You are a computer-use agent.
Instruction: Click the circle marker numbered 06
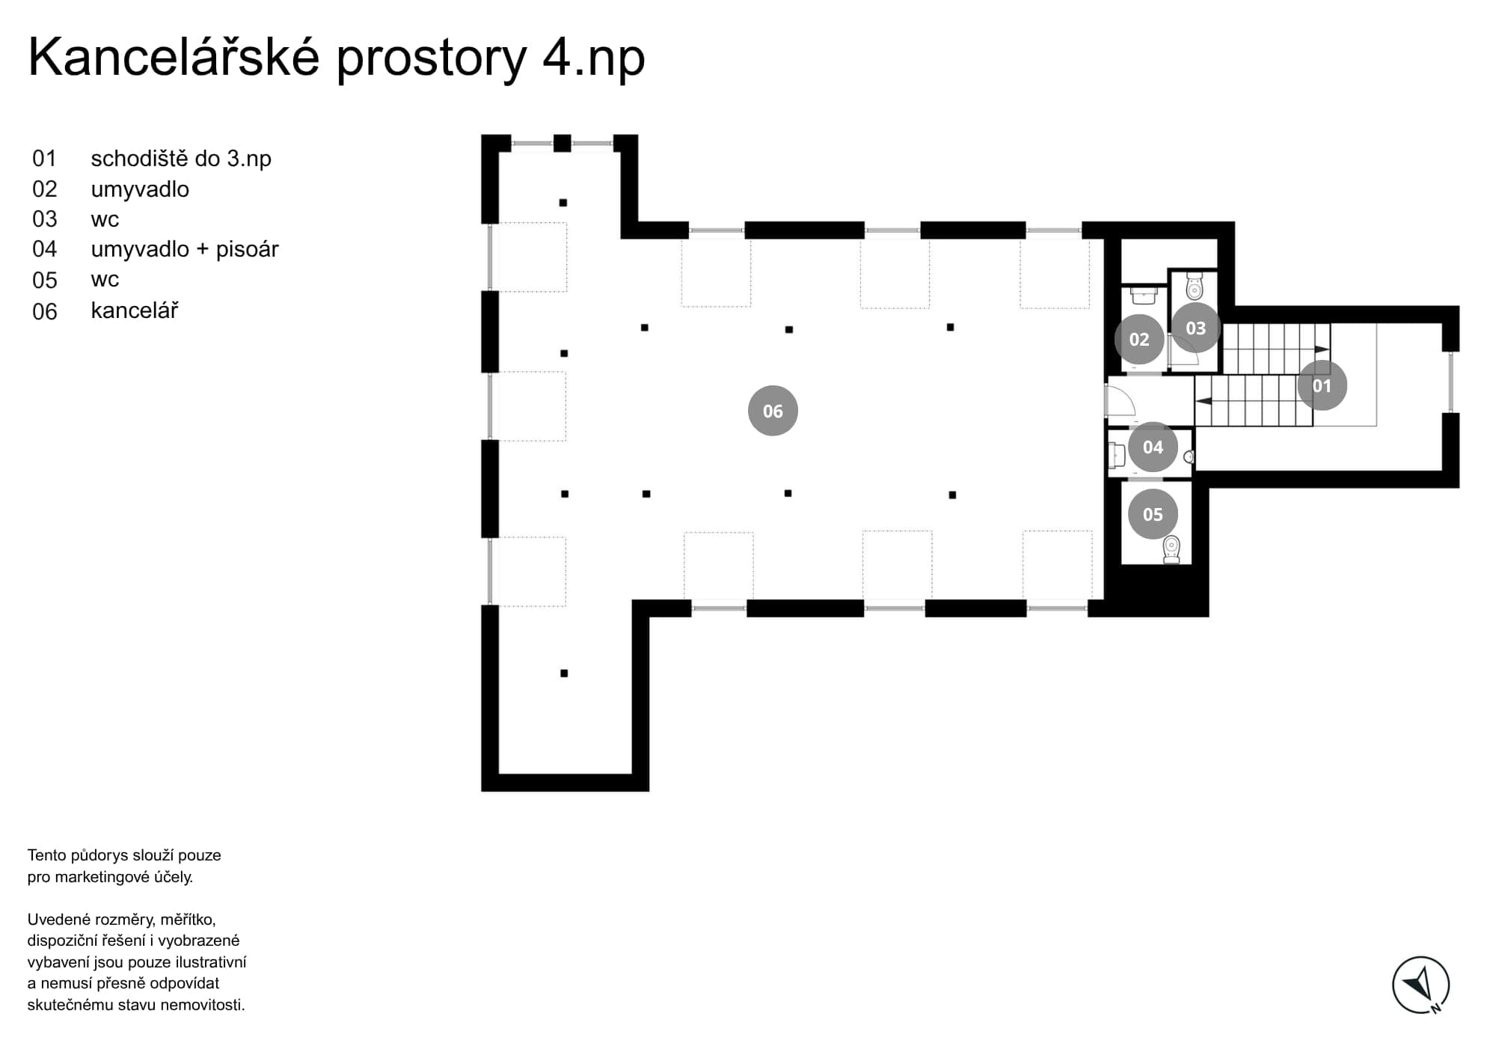pos(773,411)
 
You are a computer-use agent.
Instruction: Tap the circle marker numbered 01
pos(1322,385)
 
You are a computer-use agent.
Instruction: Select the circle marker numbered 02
pos(1139,340)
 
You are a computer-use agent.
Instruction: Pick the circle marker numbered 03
pos(1195,328)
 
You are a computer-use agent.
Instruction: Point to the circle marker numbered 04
pos(1153,447)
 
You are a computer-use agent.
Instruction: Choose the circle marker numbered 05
pos(1153,514)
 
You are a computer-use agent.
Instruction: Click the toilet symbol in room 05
pos(1171,549)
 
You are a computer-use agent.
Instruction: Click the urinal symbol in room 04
pos(1189,456)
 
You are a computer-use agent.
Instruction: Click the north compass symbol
pos(1420,985)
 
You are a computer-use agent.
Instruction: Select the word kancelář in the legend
pos(135,311)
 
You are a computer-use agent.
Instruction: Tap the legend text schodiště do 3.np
pos(181,159)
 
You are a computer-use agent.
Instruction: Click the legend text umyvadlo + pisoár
pos(185,249)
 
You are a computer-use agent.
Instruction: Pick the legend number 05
pos(45,281)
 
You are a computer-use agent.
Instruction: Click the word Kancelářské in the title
pos(174,57)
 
